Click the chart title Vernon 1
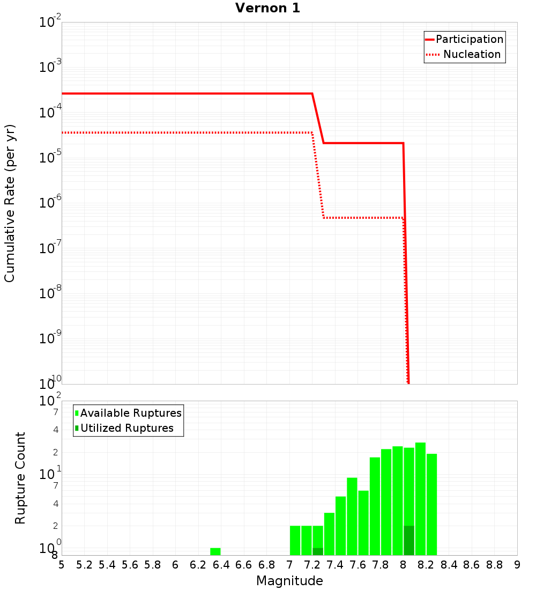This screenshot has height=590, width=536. pyautogui.click(x=267, y=8)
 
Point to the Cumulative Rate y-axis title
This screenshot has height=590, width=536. pyautogui.click(x=10, y=203)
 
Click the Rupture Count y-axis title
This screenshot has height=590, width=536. pyautogui.click(x=20, y=478)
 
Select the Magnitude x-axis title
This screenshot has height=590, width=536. pyautogui.click(x=289, y=581)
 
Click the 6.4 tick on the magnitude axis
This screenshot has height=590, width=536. pyautogui.click(x=221, y=565)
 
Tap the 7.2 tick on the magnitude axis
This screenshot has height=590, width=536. pyautogui.click(x=312, y=565)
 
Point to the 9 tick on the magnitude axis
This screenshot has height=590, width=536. pyautogui.click(x=517, y=565)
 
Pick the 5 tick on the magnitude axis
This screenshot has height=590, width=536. pyautogui.click(x=62, y=565)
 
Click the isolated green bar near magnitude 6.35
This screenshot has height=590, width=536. pyautogui.click(x=215, y=551)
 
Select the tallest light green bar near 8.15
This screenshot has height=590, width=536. pyautogui.click(x=420, y=499)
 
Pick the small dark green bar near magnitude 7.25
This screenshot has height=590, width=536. pyautogui.click(x=318, y=551)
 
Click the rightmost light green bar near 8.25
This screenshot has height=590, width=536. pyautogui.click(x=431, y=504)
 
